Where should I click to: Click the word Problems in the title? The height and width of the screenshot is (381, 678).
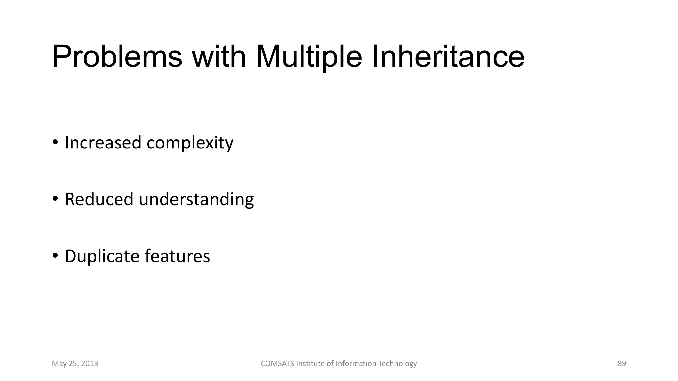pos(117,57)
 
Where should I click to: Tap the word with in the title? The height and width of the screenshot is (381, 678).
pos(219,57)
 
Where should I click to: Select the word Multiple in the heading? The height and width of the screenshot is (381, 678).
pos(309,57)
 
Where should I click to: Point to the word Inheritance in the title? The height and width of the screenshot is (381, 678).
pos(448,57)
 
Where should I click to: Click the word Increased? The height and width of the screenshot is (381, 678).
pos(103,143)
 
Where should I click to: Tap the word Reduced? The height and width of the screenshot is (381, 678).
pos(99,199)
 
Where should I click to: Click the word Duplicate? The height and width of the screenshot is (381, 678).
pos(102,256)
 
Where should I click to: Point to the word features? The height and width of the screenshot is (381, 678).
pos(177,256)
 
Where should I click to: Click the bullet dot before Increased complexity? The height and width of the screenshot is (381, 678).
pos(55,143)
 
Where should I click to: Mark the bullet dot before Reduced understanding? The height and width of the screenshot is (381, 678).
pos(55,199)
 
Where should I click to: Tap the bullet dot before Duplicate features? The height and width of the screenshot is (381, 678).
pos(55,256)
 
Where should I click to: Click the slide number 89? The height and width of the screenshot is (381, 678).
pos(622,364)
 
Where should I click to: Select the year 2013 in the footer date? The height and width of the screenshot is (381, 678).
pos(90,364)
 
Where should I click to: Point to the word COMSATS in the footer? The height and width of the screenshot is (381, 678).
pos(277,364)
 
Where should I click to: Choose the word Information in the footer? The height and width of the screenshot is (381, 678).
pos(356,364)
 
